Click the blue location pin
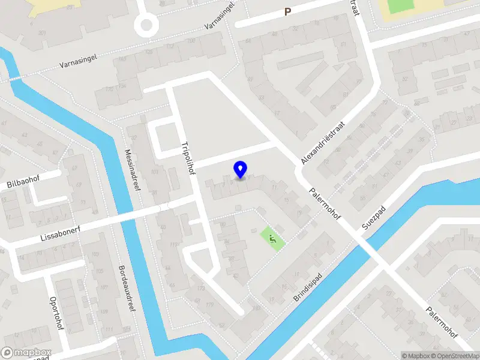click(240, 170)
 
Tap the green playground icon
click(273, 239)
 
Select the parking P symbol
click(287, 11)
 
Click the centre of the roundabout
click(146, 25)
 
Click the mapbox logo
click(26, 353)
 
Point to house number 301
click(42, 33)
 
